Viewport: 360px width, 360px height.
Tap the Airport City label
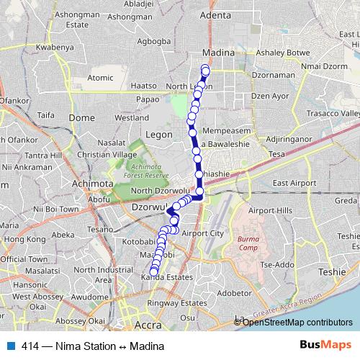click(x=203, y=233)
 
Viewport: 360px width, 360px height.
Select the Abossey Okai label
click(x=79, y=320)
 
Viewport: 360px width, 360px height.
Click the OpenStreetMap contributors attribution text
click(x=297, y=322)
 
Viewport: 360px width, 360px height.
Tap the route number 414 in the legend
click(x=31, y=346)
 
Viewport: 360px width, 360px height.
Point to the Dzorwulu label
click(x=148, y=205)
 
